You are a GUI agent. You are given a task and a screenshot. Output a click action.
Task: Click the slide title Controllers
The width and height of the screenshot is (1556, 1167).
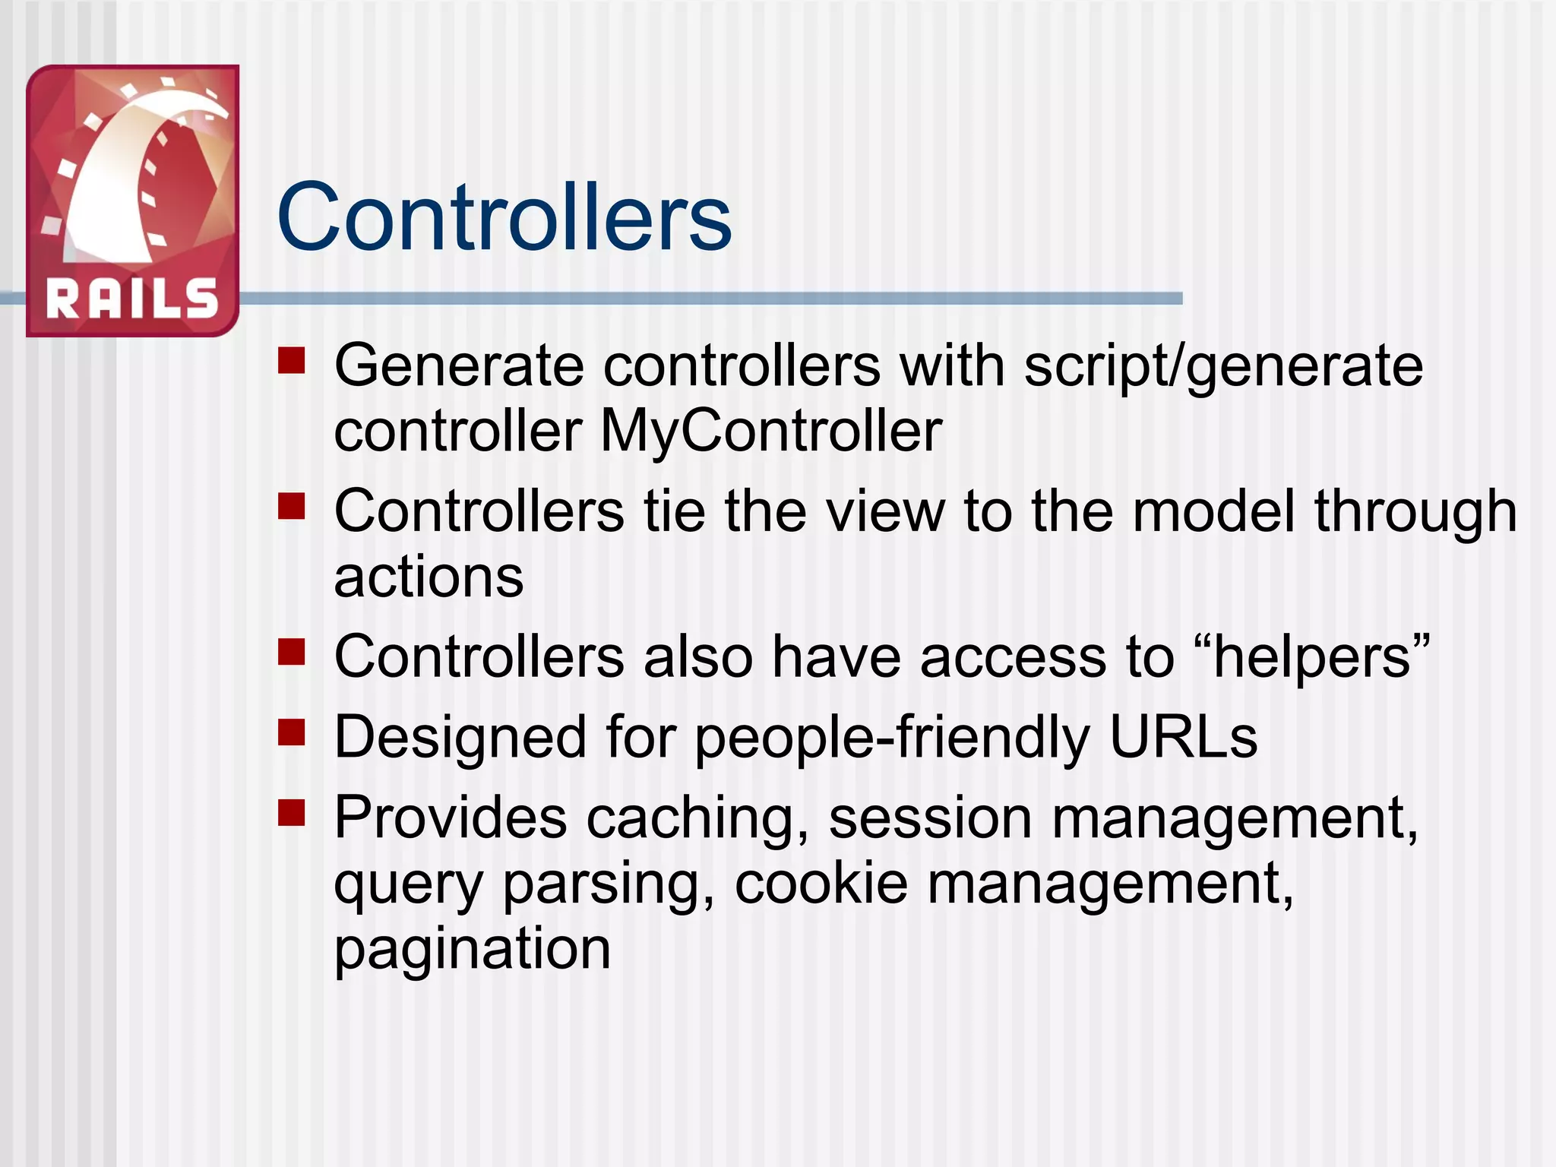[504, 217]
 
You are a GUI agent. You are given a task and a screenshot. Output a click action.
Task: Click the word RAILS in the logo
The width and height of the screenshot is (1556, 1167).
[132, 298]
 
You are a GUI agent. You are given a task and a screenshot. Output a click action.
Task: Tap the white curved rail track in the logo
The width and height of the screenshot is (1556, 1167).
[114, 190]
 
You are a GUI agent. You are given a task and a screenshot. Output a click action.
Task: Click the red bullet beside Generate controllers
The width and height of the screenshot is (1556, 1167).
[291, 361]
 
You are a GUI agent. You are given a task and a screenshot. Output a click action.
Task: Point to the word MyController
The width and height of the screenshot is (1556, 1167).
[771, 431]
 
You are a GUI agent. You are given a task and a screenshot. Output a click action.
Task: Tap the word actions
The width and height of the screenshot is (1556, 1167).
[429, 577]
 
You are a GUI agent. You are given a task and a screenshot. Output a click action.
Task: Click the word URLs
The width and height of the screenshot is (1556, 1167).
[1183, 736]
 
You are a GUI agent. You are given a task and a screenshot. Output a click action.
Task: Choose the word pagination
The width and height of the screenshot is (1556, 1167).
[472, 949]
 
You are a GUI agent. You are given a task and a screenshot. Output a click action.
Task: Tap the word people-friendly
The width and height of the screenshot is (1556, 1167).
[893, 737]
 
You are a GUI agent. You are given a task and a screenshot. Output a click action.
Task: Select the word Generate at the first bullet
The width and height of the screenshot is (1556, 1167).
[459, 366]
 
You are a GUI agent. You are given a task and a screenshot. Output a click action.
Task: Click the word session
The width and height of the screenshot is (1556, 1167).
[930, 818]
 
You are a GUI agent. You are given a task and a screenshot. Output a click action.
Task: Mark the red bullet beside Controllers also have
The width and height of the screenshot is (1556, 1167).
[291, 652]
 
